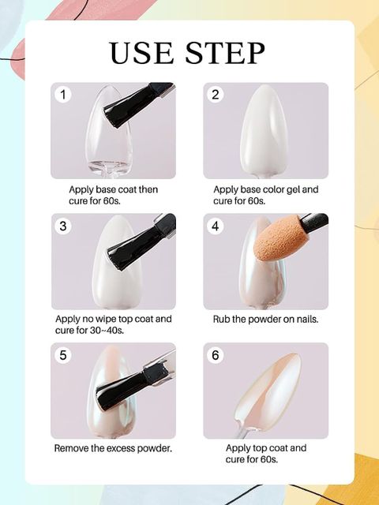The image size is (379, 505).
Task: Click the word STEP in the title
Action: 225,53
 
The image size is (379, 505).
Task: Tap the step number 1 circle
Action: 63,95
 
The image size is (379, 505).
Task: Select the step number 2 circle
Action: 216,95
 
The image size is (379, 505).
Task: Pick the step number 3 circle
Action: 63,226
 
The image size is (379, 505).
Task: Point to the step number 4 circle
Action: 216,226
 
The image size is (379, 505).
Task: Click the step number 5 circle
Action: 63,355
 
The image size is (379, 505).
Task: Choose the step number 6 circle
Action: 216,355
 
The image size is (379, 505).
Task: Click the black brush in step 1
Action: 137,105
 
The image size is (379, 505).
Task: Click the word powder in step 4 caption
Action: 265,319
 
